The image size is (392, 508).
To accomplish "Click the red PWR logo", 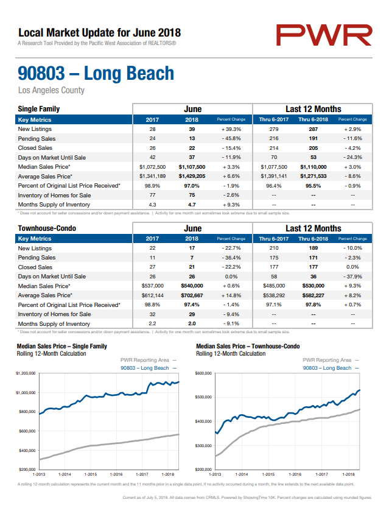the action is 324,35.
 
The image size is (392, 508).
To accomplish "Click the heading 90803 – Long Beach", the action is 96,73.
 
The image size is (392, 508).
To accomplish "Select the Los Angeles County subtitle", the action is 51,90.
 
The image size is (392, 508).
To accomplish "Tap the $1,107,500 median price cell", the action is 192,167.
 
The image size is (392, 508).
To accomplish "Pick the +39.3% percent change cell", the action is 231,129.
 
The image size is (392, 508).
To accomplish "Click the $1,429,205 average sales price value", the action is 192,176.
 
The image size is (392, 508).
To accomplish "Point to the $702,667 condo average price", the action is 192,295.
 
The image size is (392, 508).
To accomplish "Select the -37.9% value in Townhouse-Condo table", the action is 352,277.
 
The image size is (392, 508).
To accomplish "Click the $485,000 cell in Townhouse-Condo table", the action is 274,286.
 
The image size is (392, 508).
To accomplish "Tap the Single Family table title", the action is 39,109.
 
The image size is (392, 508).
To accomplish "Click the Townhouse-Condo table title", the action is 47,228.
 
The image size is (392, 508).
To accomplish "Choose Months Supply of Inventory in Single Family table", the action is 54,205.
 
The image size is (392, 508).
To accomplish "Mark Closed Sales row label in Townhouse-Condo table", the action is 35,267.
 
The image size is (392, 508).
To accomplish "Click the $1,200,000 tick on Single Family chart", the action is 26,373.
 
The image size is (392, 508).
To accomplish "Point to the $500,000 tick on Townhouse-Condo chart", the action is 203,397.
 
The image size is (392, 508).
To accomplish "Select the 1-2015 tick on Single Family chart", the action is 90,474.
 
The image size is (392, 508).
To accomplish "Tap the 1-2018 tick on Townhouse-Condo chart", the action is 348,474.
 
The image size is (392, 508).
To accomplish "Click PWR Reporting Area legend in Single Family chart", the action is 145,360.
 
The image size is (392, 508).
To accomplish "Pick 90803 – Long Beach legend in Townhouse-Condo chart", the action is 327,368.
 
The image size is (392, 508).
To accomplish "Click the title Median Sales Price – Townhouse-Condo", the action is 248,347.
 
